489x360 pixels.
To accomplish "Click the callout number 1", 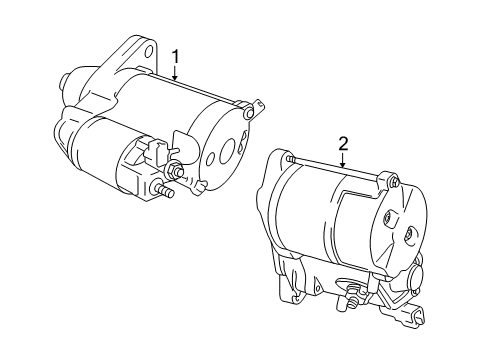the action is (175, 57).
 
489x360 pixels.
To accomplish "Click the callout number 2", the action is (343, 144).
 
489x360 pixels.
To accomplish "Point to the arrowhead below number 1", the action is (175, 77).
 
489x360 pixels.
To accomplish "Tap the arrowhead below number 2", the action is (343, 164).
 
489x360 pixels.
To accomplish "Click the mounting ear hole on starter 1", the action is (149, 51).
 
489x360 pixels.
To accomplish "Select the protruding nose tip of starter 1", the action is (63, 82).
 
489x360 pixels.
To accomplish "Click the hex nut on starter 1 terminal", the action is (172, 169).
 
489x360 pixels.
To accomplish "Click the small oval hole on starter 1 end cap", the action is (210, 159).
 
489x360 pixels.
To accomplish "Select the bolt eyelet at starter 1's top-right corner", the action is (248, 113).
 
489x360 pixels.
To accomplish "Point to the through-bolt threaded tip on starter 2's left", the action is (289, 159).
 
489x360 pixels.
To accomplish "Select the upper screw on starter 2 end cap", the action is (388, 218).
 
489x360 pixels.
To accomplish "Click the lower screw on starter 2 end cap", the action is (408, 236).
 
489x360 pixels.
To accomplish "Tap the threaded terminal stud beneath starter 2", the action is (351, 295).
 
